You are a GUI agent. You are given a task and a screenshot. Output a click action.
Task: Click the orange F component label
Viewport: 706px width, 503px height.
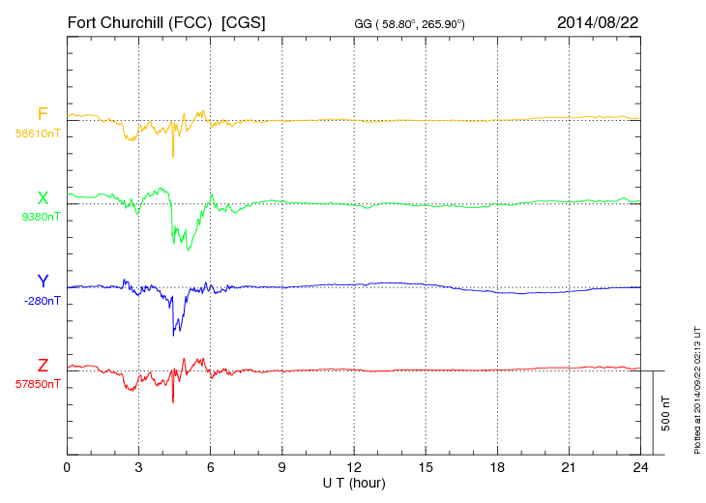[x=43, y=114]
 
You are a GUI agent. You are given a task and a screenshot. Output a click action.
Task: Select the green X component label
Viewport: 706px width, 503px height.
[x=43, y=198]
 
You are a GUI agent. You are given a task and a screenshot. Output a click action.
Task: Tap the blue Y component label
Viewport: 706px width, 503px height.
[x=43, y=281]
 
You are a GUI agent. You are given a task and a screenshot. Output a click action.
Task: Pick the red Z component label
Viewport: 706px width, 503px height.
[x=43, y=366]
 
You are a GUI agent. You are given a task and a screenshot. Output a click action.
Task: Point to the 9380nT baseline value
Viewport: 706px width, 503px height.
[x=41, y=217]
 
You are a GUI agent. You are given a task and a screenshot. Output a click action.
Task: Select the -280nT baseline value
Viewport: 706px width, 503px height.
[x=42, y=301]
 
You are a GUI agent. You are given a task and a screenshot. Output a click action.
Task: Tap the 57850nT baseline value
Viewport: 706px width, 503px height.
[x=38, y=384]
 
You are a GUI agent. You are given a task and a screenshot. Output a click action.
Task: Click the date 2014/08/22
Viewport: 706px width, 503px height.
[x=598, y=21]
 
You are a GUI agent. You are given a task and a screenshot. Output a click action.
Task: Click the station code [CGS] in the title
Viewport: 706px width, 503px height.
[x=244, y=21]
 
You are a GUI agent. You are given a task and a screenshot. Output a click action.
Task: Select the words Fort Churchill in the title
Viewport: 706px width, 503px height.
[x=115, y=21]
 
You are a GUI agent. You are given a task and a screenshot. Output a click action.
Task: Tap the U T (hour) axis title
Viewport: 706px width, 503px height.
[x=354, y=482]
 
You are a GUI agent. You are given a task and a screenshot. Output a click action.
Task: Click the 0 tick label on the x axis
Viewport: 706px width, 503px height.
[x=67, y=467]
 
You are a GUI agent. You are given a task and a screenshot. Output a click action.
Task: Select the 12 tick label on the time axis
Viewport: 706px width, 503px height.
[x=354, y=467]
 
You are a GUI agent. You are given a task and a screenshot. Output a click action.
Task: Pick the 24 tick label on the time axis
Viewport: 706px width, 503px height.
[x=640, y=467]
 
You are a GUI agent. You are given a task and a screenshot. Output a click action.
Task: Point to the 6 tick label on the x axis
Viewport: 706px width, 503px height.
[x=211, y=467]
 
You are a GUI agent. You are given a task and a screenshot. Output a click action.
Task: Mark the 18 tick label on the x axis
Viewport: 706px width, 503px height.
[x=497, y=467]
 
